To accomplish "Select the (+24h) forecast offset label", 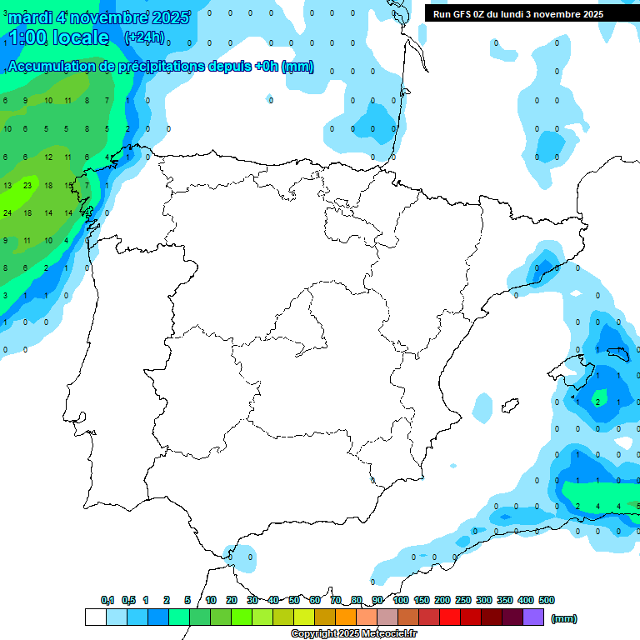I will click(x=144, y=37).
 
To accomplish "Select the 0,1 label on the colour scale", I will click(x=107, y=600).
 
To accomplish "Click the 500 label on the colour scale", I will click(x=547, y=600).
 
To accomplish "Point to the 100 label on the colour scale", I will click(x=401, y=600).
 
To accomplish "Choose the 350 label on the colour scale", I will click(x=505, y=600).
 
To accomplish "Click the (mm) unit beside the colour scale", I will click(x=564, y=618).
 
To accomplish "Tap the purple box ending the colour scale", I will click(x=533, y=617).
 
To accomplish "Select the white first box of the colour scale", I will click(x=95, y=617).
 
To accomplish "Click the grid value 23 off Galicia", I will click(x=27, y=185).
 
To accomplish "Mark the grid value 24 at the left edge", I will click(x=7, y=212).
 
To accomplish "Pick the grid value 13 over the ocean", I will click(x=7, y=185).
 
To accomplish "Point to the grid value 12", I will click(x=47, y=157).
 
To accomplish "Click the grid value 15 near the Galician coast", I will click(x=68, y=185).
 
